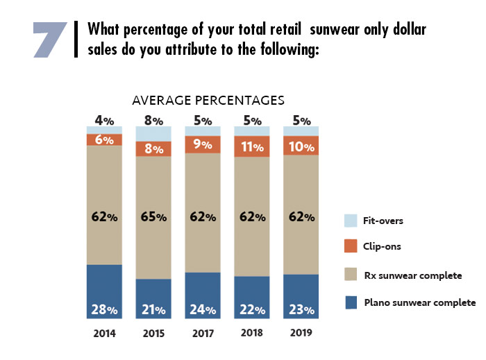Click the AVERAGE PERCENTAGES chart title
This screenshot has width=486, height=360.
pyautogui.click(x=208, y=101)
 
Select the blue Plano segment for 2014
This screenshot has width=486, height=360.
pyautogui.click(x=104, y=291)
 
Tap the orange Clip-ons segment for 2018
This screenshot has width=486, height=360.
pyautogui.click(x=251, y=146)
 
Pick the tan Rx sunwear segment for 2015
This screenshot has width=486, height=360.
pyautogui.click(x=153, y=217)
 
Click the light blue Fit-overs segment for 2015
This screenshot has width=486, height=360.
pyautogui.click(x=153, y=133)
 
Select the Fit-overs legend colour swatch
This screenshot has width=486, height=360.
pyautogui.click(x=351, y=221)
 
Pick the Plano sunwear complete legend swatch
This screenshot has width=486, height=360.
pyautogui.click(x=351, y=302)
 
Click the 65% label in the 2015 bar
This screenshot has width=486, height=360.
pyautogui.click(x=153, y=217)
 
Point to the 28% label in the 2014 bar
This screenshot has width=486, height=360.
pyautogui.click(x=104, y=309)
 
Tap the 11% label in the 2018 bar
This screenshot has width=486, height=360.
pyautogui.click(x=251, y=146)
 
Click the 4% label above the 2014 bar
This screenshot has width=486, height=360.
pyautogui.click(x=104, y=121)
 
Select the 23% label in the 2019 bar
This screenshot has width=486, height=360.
pyautogui.click(x=301, y=309)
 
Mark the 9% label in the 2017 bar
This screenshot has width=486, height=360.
pyautogui.click(x=202, y=145)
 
